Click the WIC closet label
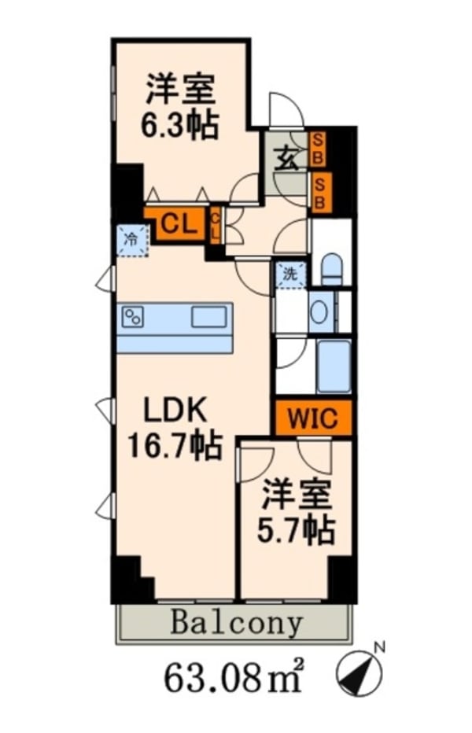click(312, 418)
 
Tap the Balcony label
click(235, 624)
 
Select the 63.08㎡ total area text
click(234, 678)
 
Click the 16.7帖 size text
click(175, 447)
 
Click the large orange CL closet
click(175, 226)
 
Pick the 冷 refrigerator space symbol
click(132, 239)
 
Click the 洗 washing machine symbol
click(289, 274)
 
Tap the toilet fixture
click(330, 269)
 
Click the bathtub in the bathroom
click(334, 366)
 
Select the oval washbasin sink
click(319, 312)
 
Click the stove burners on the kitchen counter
click(132, 318)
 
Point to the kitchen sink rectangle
click(208, 318)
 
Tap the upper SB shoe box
click(319, 147)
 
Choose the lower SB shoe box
click(320, 192)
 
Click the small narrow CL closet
click(215, 226)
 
